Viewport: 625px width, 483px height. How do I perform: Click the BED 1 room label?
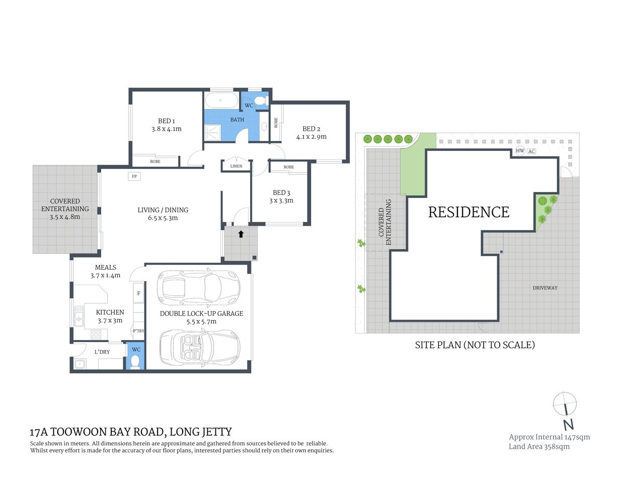tap(167, 121)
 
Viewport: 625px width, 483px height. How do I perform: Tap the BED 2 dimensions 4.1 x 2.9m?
tap(311, 137)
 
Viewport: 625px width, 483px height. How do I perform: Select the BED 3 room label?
tap(281, 193)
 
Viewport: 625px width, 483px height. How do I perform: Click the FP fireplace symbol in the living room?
tap(134, 176)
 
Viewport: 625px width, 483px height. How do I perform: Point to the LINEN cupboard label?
tap(236, 166)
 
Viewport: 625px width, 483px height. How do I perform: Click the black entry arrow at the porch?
tap(241, 234)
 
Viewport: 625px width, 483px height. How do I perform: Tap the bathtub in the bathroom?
tap(221, 100)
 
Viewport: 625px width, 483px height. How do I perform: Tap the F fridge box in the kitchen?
tap(138, 293)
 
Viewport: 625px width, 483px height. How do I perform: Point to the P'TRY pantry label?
tap(138, 331)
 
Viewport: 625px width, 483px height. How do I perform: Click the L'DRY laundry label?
tap(102, 352)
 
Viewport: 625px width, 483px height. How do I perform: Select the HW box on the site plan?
tap(520, 151)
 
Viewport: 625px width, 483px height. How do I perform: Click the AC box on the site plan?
tap(531, 151)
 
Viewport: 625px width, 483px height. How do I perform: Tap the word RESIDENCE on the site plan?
tap(468, 212)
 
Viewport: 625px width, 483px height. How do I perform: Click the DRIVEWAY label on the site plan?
tap(545, 288)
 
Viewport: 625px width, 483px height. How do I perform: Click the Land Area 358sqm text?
tap(539, 447)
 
